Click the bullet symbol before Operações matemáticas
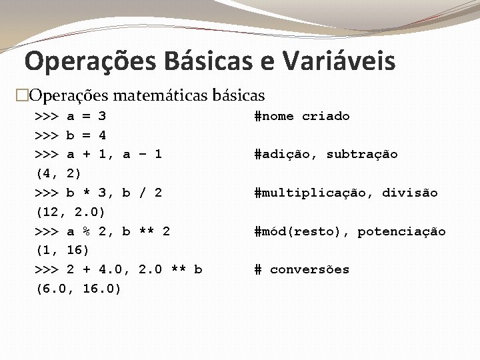[x=23, y=95]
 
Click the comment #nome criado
[x=302, y=116]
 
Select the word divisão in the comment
[x=410, y=193]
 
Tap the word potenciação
[x=401, y=231]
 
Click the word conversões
[x=309, y=269]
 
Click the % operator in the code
[x=86, y=231]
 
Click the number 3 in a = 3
[x=102, y=116]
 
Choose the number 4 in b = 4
[x=102, y=135]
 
